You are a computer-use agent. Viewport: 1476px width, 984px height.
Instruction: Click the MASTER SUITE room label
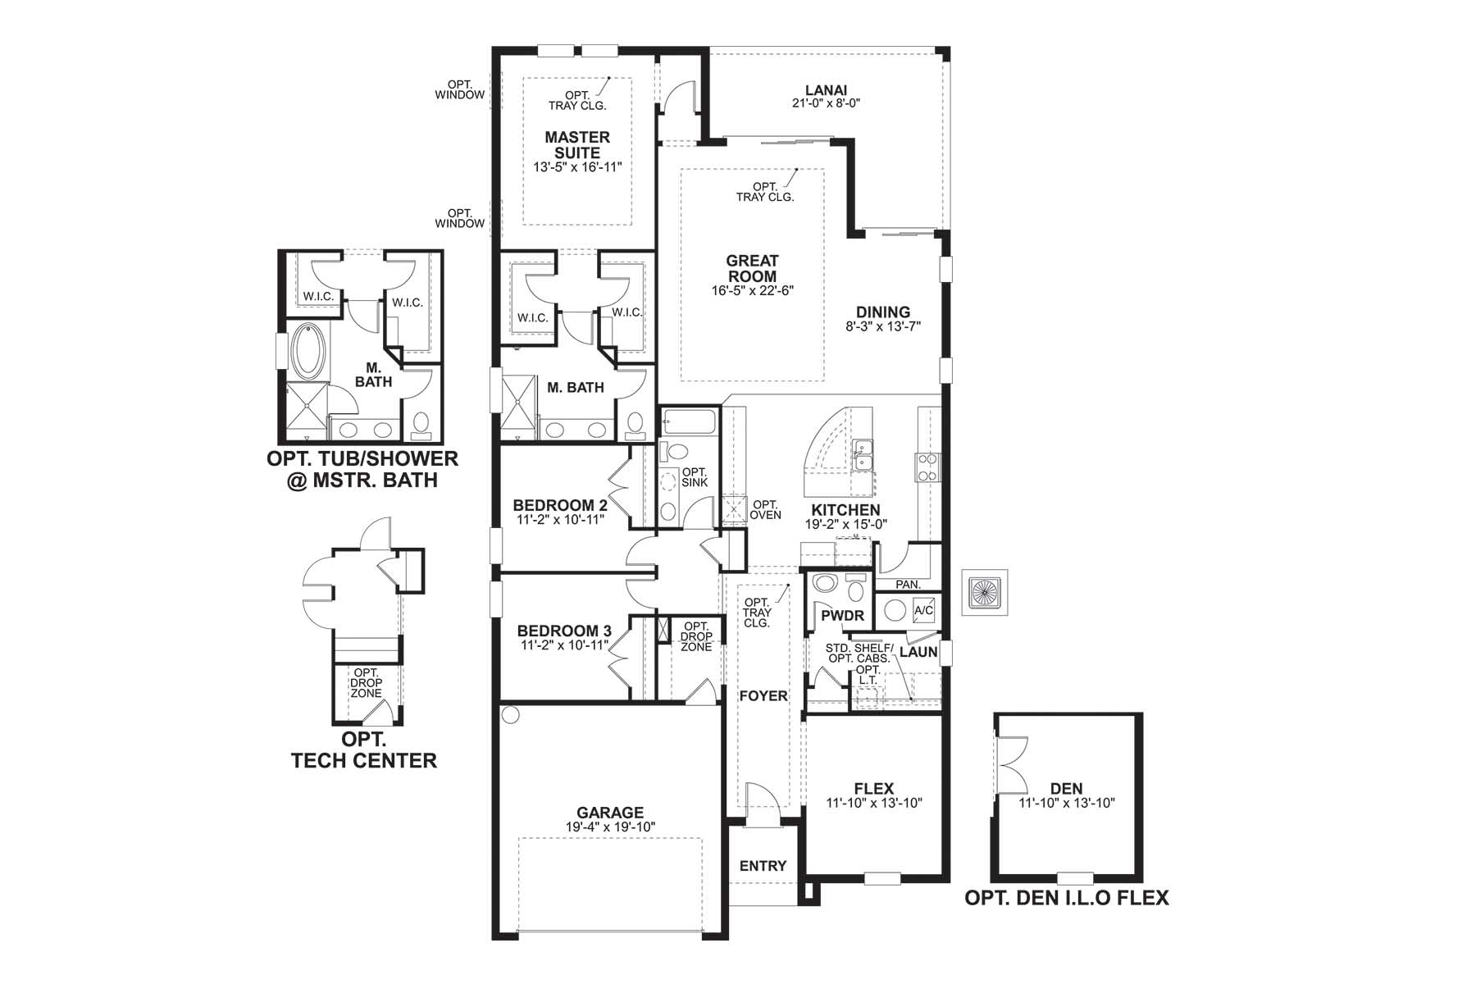pyautogui.click(x=577, y=145)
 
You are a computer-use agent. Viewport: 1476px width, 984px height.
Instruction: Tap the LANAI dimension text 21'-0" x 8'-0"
pyautogui.click(x=826, y=104)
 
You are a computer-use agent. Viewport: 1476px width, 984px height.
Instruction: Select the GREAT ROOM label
pyautogui.click(x=752, y=268)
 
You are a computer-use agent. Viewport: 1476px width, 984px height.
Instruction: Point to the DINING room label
pyautogui.click(x=883, y=312)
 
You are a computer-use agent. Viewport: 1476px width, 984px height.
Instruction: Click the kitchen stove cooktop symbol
pyautogui.click(x=927, y=468)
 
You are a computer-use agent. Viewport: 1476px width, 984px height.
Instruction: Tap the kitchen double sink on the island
pyautogui.click(x=862, y=456)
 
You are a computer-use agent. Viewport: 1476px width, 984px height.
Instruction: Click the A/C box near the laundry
pyautogui.click(x=923, y=611)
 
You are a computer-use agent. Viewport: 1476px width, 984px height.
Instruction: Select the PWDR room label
pyautogui.click(x=842, y=616)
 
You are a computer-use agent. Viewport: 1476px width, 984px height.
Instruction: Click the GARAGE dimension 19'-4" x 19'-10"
pyautogui.click(x=610, y=827)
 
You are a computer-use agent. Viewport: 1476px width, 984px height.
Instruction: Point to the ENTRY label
pyautogui.click(x=763, y=866)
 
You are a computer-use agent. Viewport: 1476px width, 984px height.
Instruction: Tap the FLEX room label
pyautogui.click(x=873, y=789)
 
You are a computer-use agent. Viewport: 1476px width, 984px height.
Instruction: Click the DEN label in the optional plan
pyautogui.click(x=1066, y=789)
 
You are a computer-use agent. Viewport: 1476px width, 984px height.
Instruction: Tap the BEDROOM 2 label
pyautogui.click(x=560, y=506)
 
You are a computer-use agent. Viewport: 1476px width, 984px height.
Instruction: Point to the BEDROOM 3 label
pyautogui.click(x=564, y=631)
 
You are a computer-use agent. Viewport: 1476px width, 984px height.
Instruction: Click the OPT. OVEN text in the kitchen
pyautogui.click(x=766, y=510)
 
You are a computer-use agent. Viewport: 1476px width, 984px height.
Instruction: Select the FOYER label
pyautogui.click(x=763, y=696)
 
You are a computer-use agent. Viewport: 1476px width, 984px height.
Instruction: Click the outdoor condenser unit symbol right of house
pyautogui.click(x=984, y=592)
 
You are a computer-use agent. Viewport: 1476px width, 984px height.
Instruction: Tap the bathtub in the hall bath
pyautogui.click(x=689, y=422)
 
